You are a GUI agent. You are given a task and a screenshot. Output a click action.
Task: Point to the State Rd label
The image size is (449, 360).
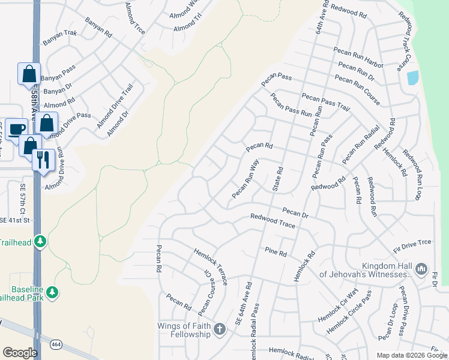(278, 179)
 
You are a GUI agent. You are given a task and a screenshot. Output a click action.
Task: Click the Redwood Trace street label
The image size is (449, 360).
(273, 221)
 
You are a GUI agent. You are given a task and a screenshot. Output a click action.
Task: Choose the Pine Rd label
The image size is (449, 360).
(276, 251)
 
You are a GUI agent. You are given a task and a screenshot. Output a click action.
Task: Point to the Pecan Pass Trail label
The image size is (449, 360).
(325, 101)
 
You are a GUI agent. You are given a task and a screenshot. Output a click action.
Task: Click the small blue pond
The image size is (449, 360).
(412, 78)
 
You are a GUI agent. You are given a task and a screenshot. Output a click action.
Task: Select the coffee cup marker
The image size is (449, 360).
(17, 129)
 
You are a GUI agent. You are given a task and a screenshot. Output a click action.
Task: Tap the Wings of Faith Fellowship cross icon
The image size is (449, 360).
(220, 328)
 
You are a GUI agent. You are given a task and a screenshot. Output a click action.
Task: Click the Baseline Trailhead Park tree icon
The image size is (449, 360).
(53, 292)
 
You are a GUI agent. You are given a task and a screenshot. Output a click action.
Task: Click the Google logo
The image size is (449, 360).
(20, 352)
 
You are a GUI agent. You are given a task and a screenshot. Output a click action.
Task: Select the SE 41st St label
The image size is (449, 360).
(15, 220)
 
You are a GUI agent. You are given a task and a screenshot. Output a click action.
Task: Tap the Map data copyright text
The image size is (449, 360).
(411, 355)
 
